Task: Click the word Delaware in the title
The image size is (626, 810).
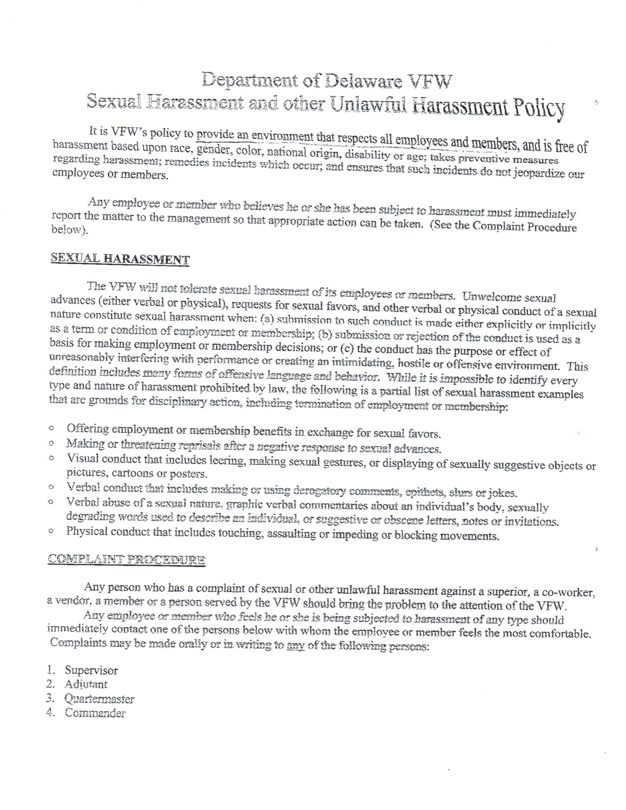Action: coord(363,82)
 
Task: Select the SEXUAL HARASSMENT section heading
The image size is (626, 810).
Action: coord(120,259)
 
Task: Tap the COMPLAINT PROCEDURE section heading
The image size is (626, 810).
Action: coord(126,559)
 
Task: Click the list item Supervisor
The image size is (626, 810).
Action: coord(91,670)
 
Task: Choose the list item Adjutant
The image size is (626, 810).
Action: coord(86,684)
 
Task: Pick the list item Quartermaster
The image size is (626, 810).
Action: coord(99,699)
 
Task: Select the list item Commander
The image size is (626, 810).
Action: coord(95,713)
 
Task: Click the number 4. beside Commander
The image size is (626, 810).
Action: coord(50,713)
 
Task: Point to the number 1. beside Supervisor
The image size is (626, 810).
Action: coord(51,670)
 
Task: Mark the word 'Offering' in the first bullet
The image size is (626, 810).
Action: coord(88,429)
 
